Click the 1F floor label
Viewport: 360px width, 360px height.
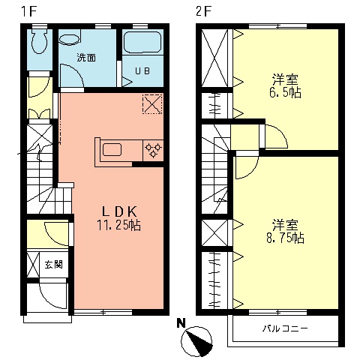27,11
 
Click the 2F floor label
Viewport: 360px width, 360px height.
202,11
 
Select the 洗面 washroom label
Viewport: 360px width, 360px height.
85,57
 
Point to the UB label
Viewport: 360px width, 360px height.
142,71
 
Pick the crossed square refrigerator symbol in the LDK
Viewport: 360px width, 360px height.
152,103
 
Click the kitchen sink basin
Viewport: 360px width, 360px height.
113,149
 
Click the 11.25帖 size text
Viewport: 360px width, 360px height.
118,224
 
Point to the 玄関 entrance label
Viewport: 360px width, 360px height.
52,264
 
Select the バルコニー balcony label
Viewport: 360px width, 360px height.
284,328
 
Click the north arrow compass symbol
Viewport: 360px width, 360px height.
198,342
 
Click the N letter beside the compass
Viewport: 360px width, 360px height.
180,325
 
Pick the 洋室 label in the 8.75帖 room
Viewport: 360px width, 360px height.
286,224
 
